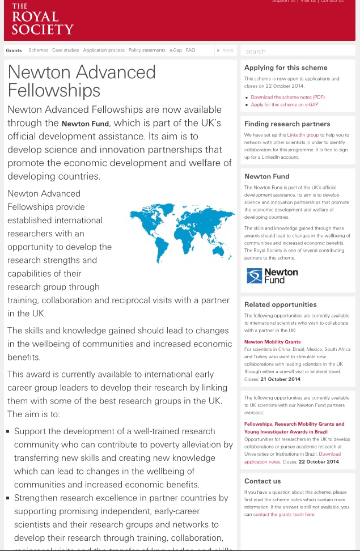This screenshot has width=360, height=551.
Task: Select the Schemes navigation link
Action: (38, 50)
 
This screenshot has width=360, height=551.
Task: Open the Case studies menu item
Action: (65, 50)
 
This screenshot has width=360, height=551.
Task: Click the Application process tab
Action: (104, 50)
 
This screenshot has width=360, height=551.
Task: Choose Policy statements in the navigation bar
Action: (147, 50)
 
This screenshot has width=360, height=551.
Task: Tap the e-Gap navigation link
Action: (175, 50)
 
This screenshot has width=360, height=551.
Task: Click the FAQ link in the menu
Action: (190, 50)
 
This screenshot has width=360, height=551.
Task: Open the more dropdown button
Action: (226, 50)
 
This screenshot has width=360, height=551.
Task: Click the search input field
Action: (298, 51)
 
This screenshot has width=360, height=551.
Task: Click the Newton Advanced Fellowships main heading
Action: (82, 80)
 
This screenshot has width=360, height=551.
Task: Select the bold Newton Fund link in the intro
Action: (86, 124)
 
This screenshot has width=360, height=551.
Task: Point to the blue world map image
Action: (181, 232)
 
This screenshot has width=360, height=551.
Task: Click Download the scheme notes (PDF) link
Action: (287, 97)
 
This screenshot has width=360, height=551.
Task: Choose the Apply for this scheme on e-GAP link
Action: (284, 105)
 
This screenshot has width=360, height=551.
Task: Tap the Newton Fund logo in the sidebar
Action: (272, 276)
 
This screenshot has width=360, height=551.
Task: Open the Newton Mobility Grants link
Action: (272, 342)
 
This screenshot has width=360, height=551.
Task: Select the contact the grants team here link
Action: (283, 514)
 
